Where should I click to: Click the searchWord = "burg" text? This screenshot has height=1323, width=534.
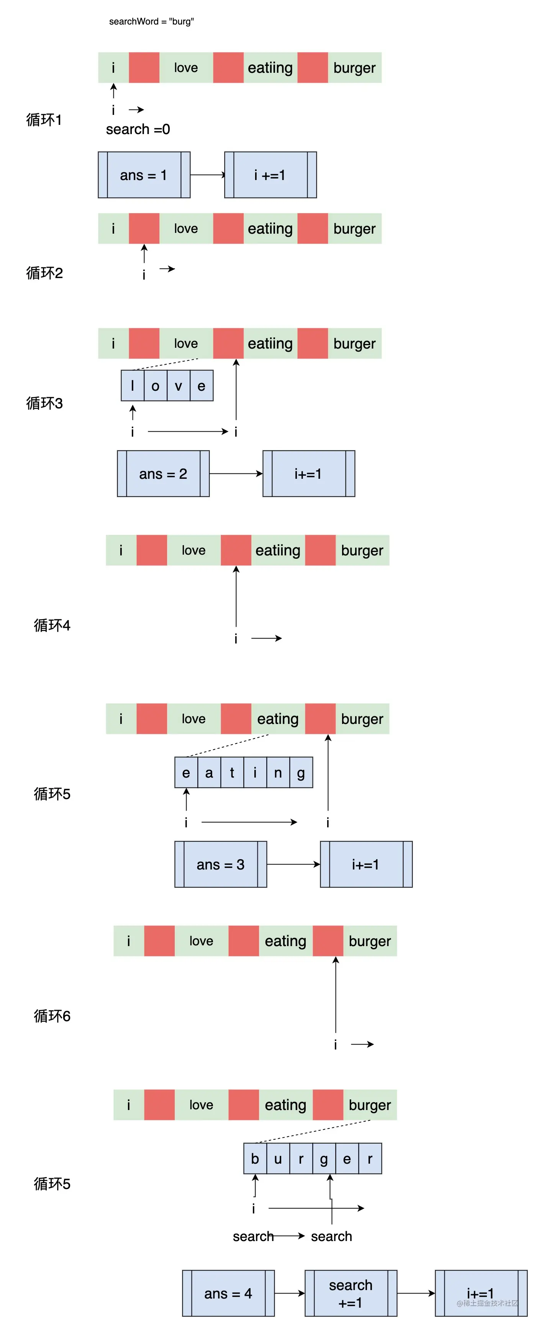[151, 21]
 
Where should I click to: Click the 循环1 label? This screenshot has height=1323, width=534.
[44, 120]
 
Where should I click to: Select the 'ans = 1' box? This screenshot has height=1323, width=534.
[144, 175]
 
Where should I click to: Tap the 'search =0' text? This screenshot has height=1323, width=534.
[138, 129]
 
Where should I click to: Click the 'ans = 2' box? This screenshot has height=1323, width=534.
[163, 473]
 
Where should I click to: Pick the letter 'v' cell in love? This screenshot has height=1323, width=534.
[178, 386]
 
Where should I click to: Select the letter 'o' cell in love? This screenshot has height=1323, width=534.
[155, 386]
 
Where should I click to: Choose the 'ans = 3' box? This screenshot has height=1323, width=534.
[220, 865]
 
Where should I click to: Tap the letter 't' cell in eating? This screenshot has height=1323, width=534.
[232, 773]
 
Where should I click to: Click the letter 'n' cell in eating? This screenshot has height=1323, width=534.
[278, 773]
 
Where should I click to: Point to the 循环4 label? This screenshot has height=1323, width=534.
[52, 625]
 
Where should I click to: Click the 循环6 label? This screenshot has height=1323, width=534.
[52, 1016]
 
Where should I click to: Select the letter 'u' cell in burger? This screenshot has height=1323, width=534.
[278, 1159]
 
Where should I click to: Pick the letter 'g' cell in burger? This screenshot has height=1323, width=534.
[324, 1159]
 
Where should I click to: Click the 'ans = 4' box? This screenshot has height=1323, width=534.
[228, 1293]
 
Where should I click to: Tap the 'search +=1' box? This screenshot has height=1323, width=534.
[351, 1293]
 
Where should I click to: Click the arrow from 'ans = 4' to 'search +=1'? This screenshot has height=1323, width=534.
[290, 1293]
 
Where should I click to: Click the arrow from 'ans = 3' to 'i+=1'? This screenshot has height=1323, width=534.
[293, 865]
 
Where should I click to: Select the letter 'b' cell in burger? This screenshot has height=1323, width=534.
[255, 1159]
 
